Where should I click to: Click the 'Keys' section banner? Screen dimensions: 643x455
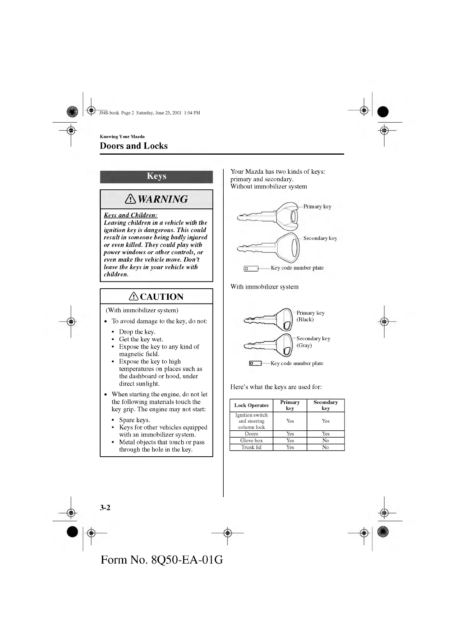(x=156, y=176)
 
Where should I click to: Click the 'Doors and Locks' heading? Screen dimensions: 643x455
(x=133, y=146)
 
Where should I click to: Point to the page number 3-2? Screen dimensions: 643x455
(x=105, y=507)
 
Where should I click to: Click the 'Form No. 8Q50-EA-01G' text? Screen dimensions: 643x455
(x=162, y=560)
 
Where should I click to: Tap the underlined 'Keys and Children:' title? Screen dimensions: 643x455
(x=130, y=215)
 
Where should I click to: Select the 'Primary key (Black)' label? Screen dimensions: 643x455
(x=310, y=316)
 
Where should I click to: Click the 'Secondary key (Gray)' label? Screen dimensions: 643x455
(x=313, y=342)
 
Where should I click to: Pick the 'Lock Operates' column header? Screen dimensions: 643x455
(x=251, y=406)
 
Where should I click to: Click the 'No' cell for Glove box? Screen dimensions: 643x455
(x=325, y=441)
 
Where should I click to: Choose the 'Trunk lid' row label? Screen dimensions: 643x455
(x=251, y=448)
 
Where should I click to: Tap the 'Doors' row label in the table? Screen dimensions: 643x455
(x=251, y=434)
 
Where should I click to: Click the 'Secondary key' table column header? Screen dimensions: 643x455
(x=325, y=405)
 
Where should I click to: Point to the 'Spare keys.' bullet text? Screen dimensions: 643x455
(x=134, y=420)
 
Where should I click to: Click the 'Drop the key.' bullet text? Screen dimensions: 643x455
(x=137, y=332)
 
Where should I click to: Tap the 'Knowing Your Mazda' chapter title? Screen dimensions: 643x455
(x=122, y=137)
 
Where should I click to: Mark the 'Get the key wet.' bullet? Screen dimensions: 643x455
(x=141, y=339)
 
